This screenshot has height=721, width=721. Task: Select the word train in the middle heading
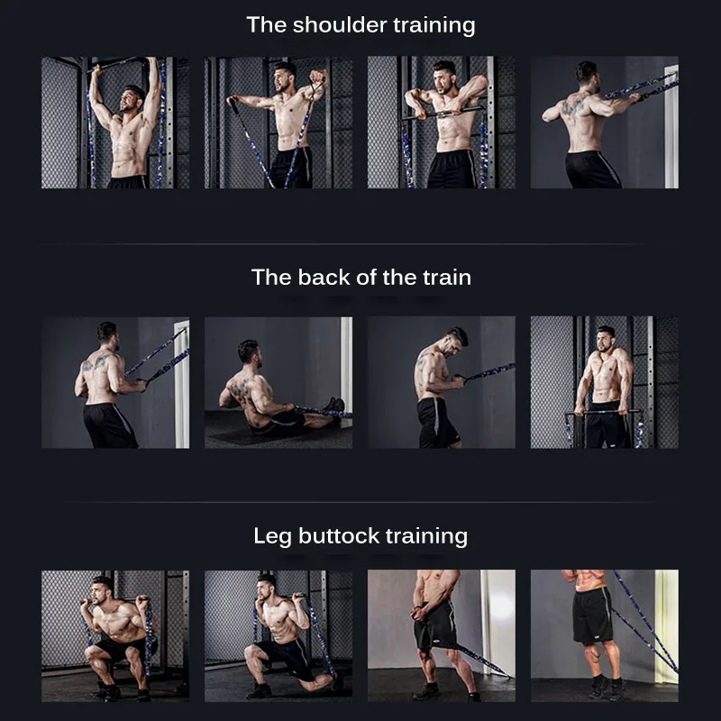point(444,277)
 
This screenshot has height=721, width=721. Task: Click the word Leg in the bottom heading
point(271,536)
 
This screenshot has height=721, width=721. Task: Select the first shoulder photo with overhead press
point(115,123)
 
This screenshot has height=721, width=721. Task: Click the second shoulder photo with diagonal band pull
point(278,123)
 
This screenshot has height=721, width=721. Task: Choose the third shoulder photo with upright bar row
point(442,123)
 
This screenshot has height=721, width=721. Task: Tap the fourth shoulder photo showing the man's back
point(604,123)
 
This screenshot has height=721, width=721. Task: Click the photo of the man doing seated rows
point(278,382)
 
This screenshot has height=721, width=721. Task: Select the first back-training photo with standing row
point(115,382)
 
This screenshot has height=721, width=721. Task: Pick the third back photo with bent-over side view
point(442,382)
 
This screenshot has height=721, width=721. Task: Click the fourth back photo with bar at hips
point(604,382)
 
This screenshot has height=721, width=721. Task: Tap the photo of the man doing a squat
point(115,635)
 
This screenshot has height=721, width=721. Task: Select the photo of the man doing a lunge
point(278,635)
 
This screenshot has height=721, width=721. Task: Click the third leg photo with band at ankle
point(442,635)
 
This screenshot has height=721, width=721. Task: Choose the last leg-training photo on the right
point(604,635)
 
